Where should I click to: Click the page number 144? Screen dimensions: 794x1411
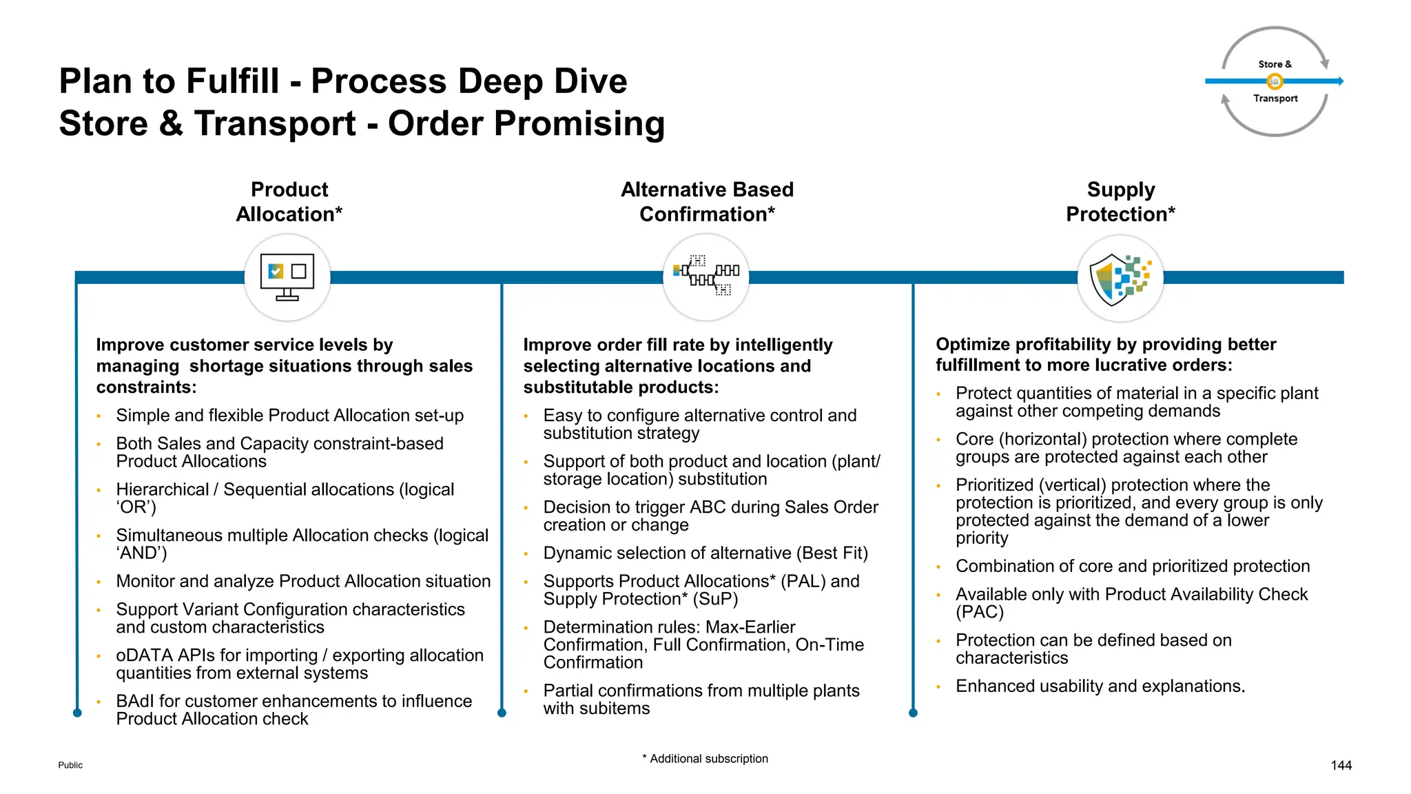pyautogui.click(x=1341, y=765)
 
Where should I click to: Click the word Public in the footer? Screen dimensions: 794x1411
pyautogui.click(x=70, y=765)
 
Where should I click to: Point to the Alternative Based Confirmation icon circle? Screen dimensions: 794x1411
pyautogui.click(x=705, y=277)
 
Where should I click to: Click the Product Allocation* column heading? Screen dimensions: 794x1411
pyautogui.click(x=289, y=201)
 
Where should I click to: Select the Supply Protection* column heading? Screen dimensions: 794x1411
pyautogui.click(x=1120, y=201)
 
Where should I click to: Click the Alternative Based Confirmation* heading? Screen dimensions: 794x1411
pyautogui.click(x=707, y=201)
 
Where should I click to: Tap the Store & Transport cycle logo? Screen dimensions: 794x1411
pyautogui.click(x=1275, y=81)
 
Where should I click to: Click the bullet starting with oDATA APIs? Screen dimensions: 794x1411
pyautogui.click(x=300, y=664)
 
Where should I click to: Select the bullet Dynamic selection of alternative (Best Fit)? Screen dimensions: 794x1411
pyautogui.click(x=705, y=553)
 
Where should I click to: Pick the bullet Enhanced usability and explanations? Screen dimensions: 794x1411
pyautogui.click(x=1100, y=686)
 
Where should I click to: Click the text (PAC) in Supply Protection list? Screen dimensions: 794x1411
pyautogui.click(x=979, y=612)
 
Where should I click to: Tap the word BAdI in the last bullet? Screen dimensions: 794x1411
pyautogui.click(x=136, y=701)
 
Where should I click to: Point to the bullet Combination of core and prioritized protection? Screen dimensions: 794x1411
pyautogui.click(x=1132, y=566)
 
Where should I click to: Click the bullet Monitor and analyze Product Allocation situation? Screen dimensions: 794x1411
pyautogui.click(x=303, y=581)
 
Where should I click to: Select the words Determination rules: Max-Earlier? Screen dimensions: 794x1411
pyautogui.click(x=668, y=627)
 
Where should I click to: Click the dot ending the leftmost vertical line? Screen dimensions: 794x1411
pyautogui.click(x=77, y=713)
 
